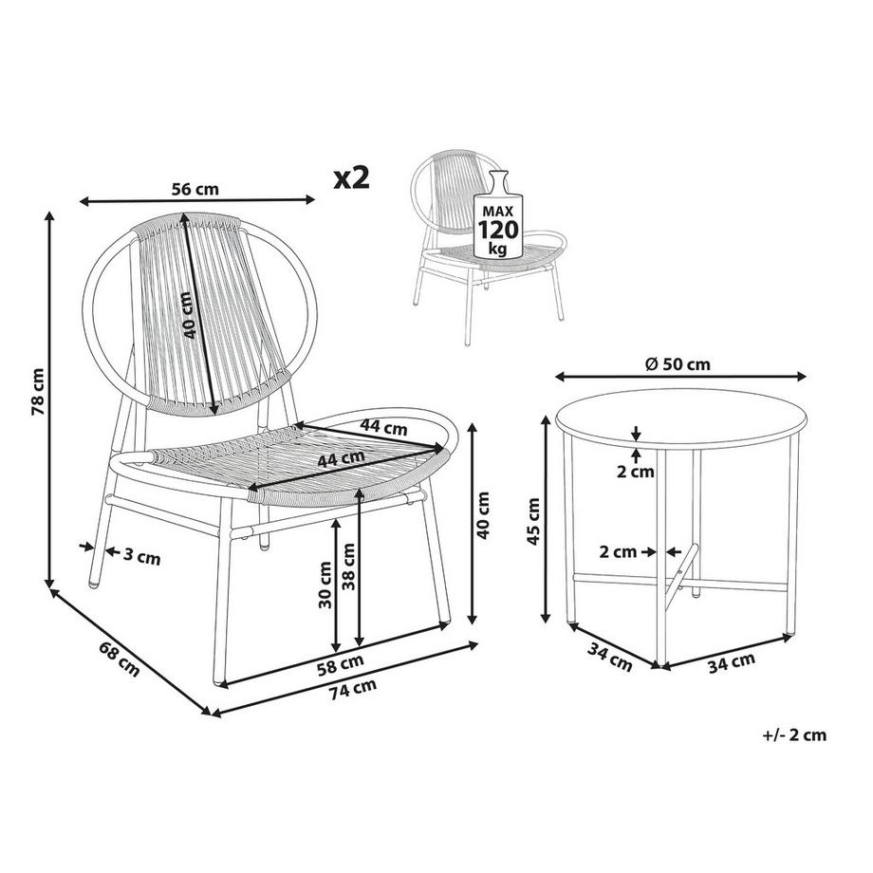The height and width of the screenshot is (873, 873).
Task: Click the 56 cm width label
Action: pyautogui.click(x=195, y=189)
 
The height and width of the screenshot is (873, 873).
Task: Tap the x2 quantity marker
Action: pyautogui.click(x=351, y=177)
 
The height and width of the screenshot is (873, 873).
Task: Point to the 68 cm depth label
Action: pyautogui.click(x=120, y=659)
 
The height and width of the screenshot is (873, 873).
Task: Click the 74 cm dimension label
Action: pyautogui.click(x=352, y=690)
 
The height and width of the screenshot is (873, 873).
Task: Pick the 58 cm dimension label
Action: pyautogui.click(x=342, y=661)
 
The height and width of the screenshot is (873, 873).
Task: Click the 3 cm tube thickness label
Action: pyautogui.click(x=142, y=556)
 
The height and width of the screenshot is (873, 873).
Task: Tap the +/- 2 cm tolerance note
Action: pyautogui.click(x=794, y=734)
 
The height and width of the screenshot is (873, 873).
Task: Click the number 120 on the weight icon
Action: pyautogui.click(x=498, y=230)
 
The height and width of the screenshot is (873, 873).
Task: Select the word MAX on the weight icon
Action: pyautogui.click(x=497, y=211)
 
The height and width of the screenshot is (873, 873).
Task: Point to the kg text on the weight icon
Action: pyautogui.click(x=497, y=249)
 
